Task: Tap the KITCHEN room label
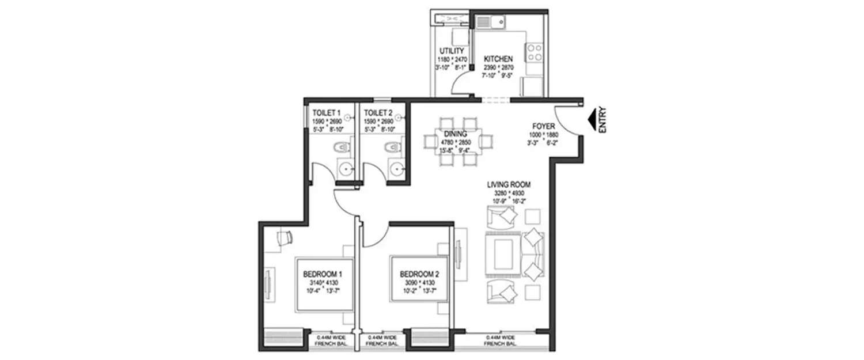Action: tap(498, 59)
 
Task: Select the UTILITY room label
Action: tap(451, 51)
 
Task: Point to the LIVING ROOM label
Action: tap(508, 185)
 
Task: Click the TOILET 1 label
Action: tap(327, 113)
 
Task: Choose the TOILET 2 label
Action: tap(378, 113)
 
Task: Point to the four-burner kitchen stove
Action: tap(534, 52)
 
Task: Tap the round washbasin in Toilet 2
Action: tap(396, 168)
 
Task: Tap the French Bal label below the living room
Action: tap(499, 340)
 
